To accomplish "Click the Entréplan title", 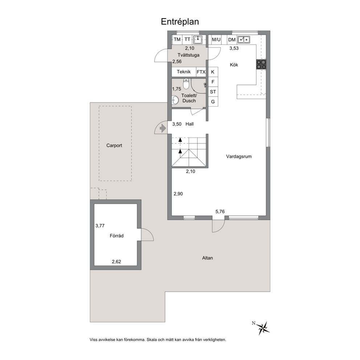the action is tap(180, 21).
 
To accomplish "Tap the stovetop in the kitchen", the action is tap(261, 64).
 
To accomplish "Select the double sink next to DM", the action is tap(244, 40).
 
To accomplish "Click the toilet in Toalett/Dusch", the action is tap(186, 83).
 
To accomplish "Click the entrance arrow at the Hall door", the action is tap(163, 128).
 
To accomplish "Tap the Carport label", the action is tap(114, 145).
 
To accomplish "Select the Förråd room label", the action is tap(116, 236).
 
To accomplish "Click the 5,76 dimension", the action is tap(220, 212).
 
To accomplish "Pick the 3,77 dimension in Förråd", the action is tap(100, 226).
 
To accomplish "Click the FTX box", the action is tap(201, 72).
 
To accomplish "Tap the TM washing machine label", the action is tap(177, 40).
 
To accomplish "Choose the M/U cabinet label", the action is tap(216, 40).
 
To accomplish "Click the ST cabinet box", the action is tap(213, 92).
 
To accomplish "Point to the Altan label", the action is tap(208, 258).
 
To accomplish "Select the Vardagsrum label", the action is tap(239, 156).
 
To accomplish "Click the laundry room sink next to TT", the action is tap(198, 40).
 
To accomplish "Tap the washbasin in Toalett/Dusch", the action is tap(175, 100).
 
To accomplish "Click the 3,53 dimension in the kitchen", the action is tap(234, 48).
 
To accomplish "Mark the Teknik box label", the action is tap(184, 71).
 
